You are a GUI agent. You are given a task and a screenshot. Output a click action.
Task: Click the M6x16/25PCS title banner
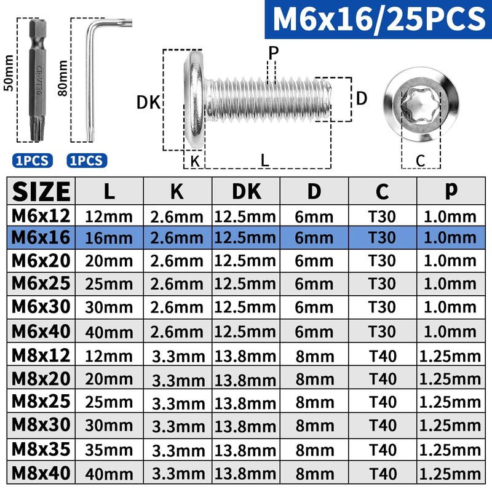coord(378,19)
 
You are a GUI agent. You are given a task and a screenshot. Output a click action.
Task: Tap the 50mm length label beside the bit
coord(9,73)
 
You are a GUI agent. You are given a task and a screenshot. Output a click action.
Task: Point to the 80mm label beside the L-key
coord(63,78)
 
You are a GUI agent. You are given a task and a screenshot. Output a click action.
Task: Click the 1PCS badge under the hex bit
coord(33,161)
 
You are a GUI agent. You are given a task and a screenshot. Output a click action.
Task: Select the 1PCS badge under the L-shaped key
coord(87,161)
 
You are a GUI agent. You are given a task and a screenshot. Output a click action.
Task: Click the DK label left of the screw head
coord(148,102)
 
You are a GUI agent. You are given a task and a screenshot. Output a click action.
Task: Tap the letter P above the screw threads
coord(273,53)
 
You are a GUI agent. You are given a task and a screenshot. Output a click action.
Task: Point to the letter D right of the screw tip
coord(362,98)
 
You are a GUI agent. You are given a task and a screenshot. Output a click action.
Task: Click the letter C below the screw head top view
coord(421,161)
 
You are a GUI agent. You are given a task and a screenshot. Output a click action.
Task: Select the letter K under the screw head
coord(195,161)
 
